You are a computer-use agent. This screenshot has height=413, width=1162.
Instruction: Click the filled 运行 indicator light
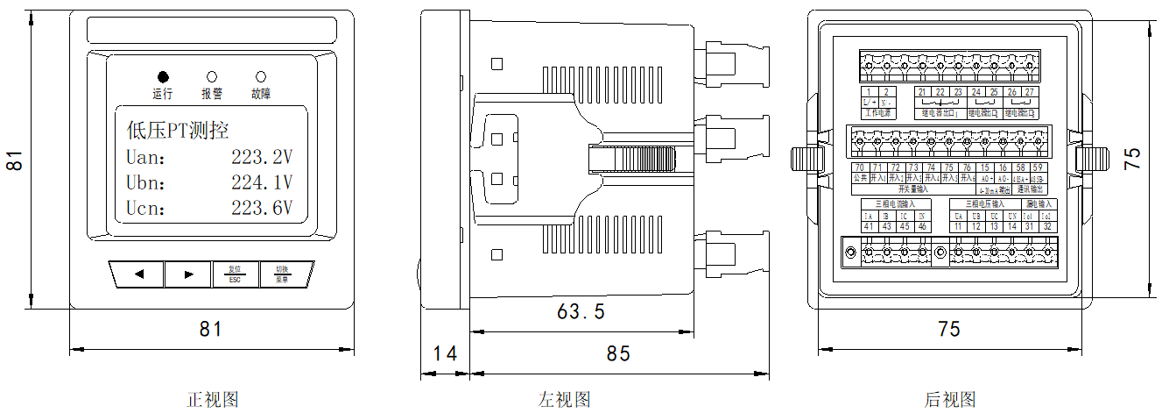[163, 76]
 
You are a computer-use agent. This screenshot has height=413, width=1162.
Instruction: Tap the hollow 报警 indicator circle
[212, 76]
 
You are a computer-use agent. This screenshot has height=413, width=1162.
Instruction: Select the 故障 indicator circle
[260, 76]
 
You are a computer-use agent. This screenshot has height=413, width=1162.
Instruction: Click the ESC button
[235, 274]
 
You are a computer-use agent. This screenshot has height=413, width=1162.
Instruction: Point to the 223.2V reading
[261, 158]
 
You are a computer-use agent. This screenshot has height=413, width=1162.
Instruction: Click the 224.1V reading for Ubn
[261, 183]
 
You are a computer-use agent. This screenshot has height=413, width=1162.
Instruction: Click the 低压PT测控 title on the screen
[178, 132]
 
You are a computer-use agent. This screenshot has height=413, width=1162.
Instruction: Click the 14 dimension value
[446, 353]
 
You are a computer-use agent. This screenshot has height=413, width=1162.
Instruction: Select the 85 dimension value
[618, 353]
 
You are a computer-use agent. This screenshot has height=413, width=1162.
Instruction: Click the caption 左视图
[564, 400]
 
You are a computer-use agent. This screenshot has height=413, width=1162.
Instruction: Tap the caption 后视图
[950, 400]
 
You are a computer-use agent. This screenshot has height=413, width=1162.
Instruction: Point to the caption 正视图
[213, 400]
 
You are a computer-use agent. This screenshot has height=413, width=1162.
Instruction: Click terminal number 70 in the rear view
[859, 167]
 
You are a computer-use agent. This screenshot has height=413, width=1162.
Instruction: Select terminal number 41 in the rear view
[870, 227]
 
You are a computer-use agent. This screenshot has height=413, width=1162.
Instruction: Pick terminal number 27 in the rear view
[1030, 92]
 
